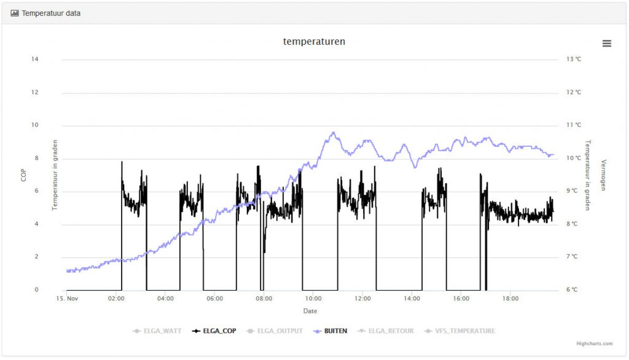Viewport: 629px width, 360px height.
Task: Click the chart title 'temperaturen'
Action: (x=314, y=42)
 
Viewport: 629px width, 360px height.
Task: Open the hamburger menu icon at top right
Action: (x=607, y=43)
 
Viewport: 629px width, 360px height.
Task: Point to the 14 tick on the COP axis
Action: (x=35, y=59)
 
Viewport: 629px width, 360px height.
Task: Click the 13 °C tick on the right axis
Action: (x=574, y=59)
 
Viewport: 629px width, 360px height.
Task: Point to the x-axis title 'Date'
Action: (x=310, y=311)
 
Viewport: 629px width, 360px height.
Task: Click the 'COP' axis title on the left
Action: (x=23, y=174)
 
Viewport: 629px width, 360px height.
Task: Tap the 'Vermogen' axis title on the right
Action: (x=603, y=174)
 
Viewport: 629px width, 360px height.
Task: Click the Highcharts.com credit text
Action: (x=594, y=344)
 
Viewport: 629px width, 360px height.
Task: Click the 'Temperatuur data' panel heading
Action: (x=51, y=13)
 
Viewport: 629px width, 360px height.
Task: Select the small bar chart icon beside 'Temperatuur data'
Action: (x=15, y=13)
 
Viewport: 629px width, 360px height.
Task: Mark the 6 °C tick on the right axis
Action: (x=574, y=290)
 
